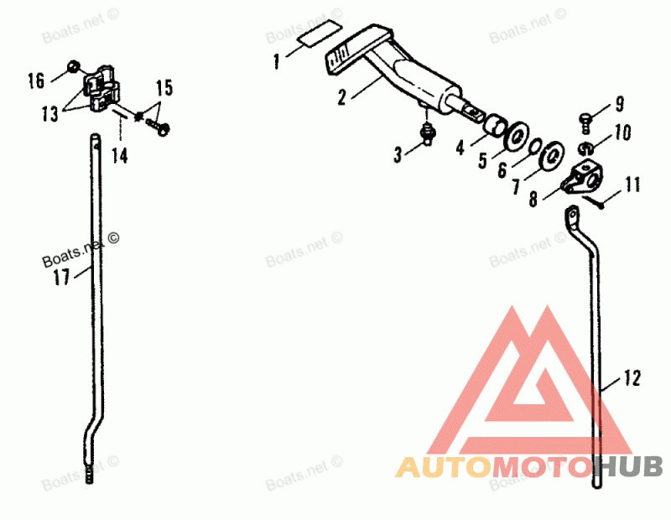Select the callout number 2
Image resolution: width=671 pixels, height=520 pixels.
(x=342, y=96)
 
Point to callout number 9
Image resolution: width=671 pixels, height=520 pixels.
(x=620, y=104)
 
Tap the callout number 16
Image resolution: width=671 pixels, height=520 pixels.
(x=36, y=81)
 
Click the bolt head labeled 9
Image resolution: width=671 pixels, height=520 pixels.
(x=587, y=117)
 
